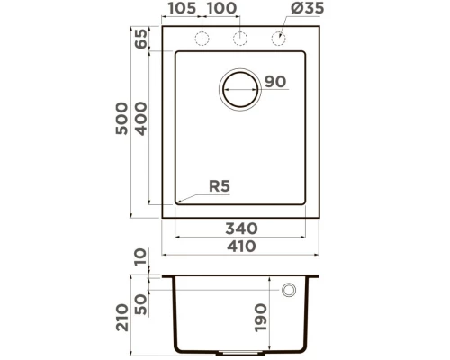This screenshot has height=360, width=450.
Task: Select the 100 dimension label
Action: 221,11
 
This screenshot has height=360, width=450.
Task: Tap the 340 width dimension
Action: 243,228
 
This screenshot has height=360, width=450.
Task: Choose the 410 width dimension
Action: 243,247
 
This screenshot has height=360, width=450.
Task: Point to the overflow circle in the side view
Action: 290,290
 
